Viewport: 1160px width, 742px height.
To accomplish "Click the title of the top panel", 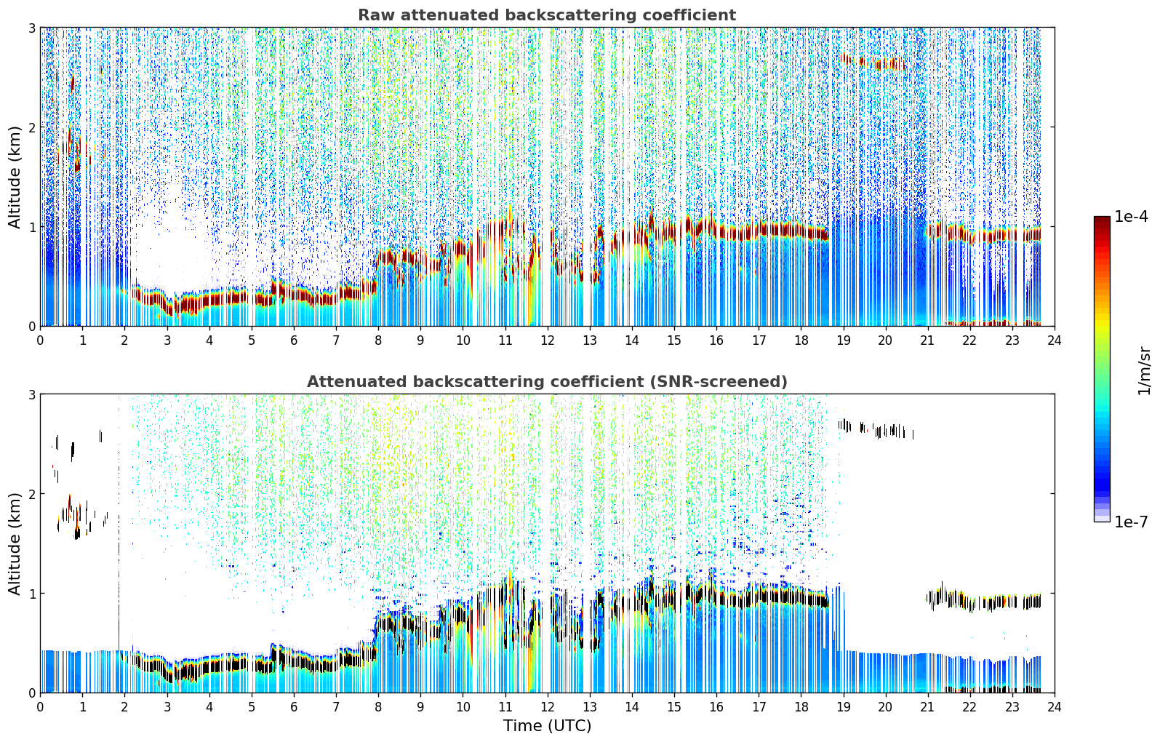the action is click(x=547, y=15).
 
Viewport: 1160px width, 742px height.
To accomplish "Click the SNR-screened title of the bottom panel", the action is click(x=547, y=382).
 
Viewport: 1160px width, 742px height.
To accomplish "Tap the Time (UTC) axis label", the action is click(x=547, y=726).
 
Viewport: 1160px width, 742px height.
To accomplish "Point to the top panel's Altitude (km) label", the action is click(x=15, y=177).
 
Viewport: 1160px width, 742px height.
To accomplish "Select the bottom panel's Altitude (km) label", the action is click(x=15, y=543).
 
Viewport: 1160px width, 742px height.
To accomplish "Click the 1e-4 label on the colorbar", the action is click(x=1131, y=217).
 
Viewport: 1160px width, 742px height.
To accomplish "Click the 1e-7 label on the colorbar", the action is click(x=1131, y=522).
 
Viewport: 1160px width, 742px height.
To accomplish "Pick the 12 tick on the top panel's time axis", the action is click(x=548, y=340).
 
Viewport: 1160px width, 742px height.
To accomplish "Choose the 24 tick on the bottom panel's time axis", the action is click(x=1055, y=707).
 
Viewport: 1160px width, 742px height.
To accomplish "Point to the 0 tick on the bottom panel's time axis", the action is click(x=41, y=707).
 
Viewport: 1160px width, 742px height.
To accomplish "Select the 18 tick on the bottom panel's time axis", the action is click(x=801, y=707).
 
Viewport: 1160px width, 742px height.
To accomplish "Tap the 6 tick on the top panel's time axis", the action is click(x=294, y=340).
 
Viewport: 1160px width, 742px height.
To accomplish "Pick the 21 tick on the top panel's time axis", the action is click(x=927, y=340).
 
